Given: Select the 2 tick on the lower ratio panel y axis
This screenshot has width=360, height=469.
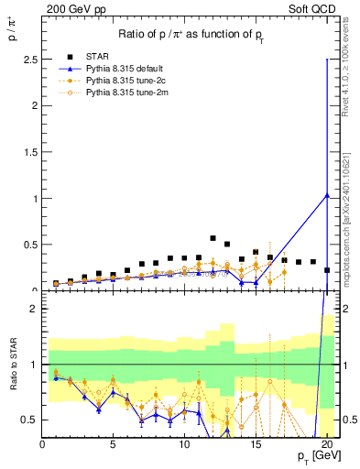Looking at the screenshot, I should (x=33, y=309).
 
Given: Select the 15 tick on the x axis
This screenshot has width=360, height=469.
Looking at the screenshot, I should (x=256, y=445).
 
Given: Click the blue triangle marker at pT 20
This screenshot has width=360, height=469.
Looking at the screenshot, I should (x=327, y=195).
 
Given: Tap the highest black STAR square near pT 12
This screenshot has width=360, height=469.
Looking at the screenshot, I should (x=213, y=238).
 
